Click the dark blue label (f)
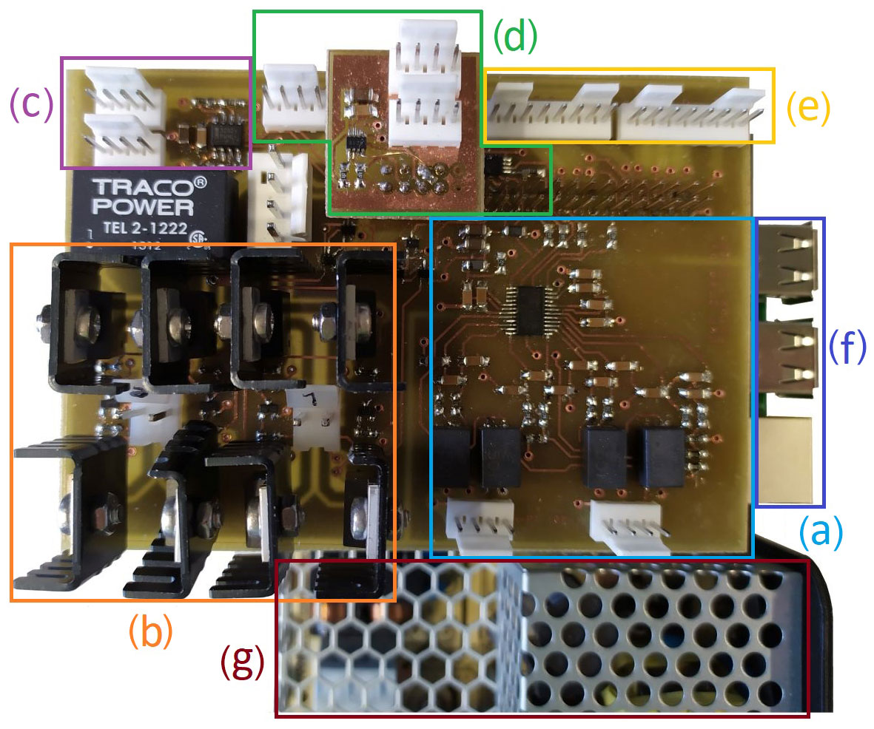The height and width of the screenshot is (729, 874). pos(846,347)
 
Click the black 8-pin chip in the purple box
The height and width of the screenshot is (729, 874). pos(221,137)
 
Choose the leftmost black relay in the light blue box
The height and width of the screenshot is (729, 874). pos(452,456)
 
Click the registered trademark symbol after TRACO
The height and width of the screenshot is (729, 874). pos(198,181)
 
